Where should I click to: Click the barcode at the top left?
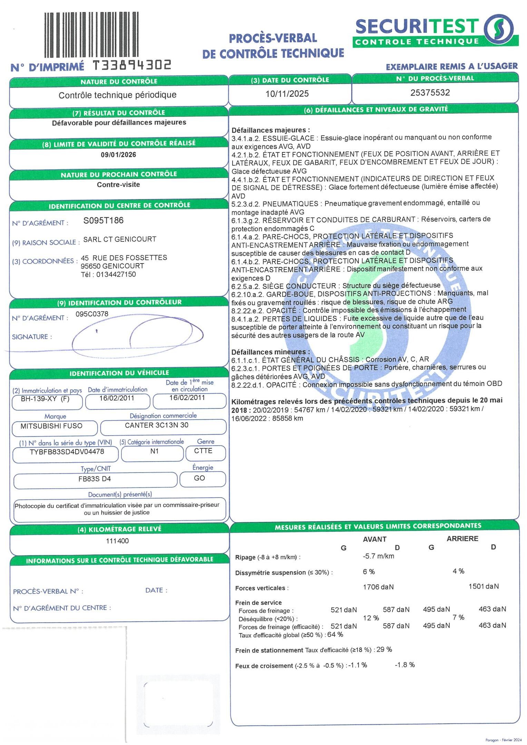click(x=91, y=34)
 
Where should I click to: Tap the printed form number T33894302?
click(x=133, y=65)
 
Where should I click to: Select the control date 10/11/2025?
click(x=287, y=94)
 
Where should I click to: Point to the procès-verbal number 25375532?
click(x=430, y=92)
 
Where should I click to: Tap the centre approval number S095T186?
click(x=104, y=220)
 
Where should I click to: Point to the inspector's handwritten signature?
click(x=138, y=336)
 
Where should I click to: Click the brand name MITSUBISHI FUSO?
click(x=51, y=426)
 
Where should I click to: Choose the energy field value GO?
click(x=199, y=478)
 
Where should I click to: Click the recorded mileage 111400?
click(x=117, y=541)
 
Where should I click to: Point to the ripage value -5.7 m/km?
click(x=378, y=556)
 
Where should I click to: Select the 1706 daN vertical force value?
click(x=378, y=587)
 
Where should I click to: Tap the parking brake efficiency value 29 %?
click(x=384, y=649)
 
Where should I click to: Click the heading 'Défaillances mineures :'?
click(x=271, y=352)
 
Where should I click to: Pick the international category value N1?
click(x=154, y=451)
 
